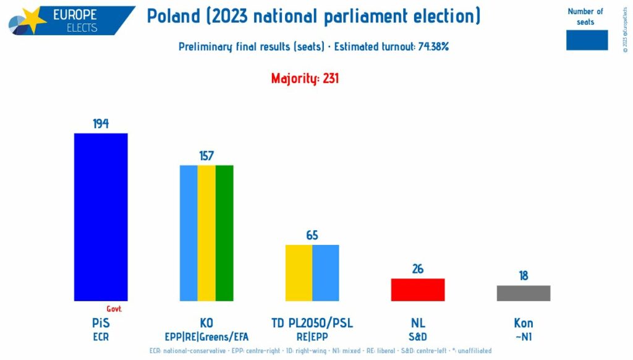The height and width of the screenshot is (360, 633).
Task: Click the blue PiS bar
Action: click(101, 216)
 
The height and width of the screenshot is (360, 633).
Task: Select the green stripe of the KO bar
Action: click(224, 233)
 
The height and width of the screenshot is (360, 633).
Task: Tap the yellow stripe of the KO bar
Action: click(206, 233)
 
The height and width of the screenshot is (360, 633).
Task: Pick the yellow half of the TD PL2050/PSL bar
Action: click(299, 273)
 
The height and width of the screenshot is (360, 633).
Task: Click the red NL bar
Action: click(418, 289)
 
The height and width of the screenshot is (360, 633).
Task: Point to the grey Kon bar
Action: click(524, 293)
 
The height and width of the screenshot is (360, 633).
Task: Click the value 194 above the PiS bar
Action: click(101, 124)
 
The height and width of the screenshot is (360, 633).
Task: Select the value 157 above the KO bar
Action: click(206, 156)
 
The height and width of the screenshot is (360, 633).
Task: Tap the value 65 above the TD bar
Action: click(312, 236)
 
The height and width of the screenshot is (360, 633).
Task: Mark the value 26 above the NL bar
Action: click(418, 269)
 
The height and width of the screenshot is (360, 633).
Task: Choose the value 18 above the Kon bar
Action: click(524, 276)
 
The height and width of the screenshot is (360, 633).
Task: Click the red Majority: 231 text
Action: click(305, 79)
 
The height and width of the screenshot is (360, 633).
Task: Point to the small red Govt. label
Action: click(114, 309)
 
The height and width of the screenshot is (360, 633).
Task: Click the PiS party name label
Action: click(101, 323)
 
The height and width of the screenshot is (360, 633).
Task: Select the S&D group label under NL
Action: click(418, 337)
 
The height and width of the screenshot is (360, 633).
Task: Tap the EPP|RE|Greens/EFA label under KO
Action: click(206, 337)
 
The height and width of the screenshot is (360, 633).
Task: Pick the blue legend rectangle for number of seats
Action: click(587, 40)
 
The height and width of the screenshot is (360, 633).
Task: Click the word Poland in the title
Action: click(175, 17)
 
